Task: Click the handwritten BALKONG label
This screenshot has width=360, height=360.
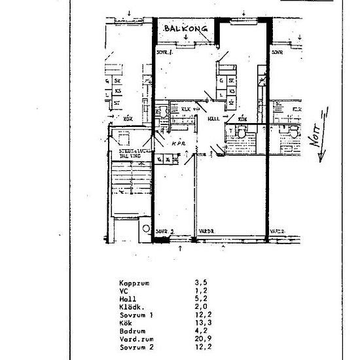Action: (187, 30)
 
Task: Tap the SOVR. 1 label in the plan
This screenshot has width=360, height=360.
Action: (164, 51)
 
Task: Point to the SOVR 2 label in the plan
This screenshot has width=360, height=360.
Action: (165, 230)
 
